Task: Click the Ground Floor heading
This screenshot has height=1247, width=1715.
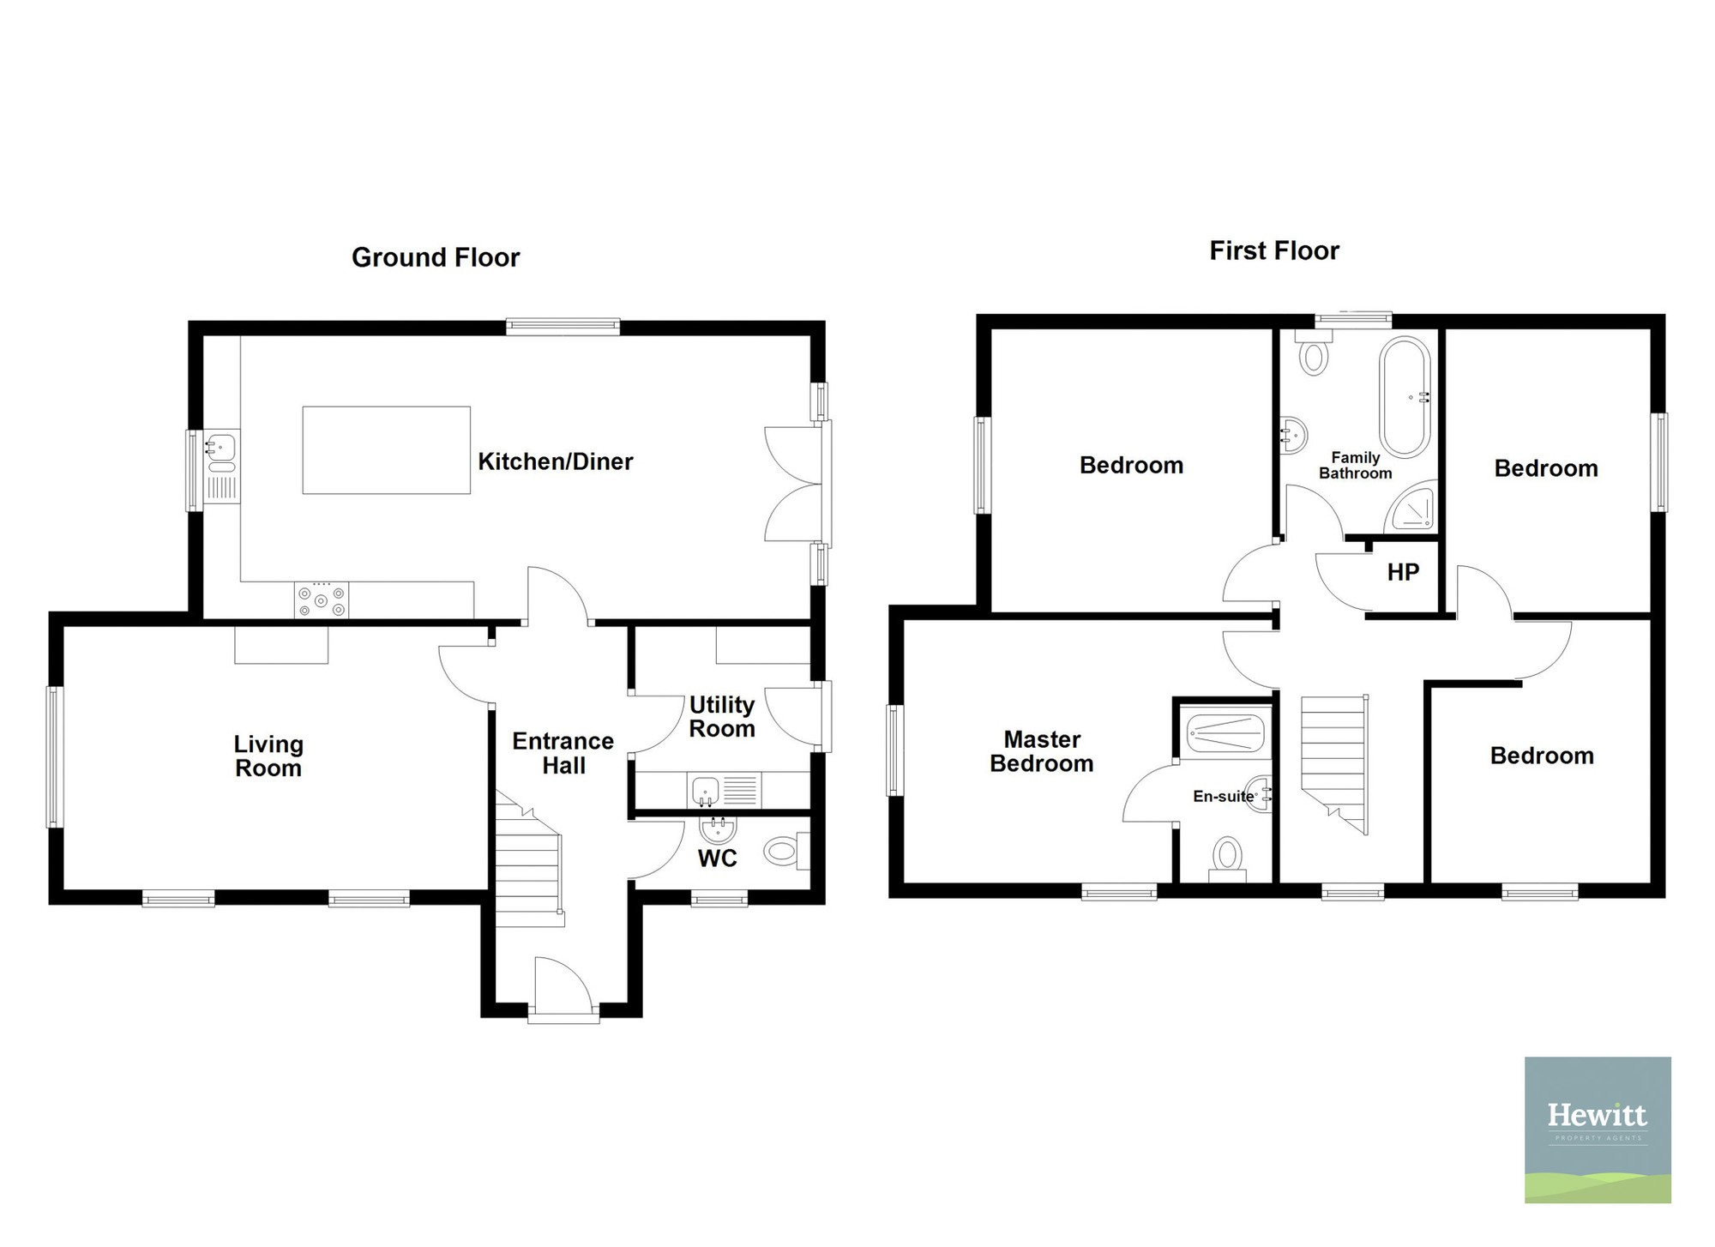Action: point(436,257)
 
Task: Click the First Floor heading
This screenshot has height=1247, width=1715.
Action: point(1274,250)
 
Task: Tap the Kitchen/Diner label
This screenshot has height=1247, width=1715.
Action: point(555,461)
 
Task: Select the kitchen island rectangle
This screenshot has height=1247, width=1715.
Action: point(386,450)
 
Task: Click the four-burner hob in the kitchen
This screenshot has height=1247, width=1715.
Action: point(322,599)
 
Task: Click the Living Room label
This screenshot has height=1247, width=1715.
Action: point(268,756)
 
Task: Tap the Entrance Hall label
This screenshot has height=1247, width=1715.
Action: point(563,753)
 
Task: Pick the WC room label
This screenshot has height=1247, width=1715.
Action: point(718,858)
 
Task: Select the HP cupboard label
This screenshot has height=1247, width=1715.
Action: point(1404,572)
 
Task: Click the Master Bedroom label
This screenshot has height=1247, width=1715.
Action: point(1042,751)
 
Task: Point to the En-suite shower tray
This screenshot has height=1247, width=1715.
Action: point(1226,733)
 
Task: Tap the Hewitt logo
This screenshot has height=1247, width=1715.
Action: point(1598,1130)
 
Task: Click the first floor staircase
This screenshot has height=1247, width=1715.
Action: point(1334,763)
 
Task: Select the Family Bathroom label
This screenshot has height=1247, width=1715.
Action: point(1356,466)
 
